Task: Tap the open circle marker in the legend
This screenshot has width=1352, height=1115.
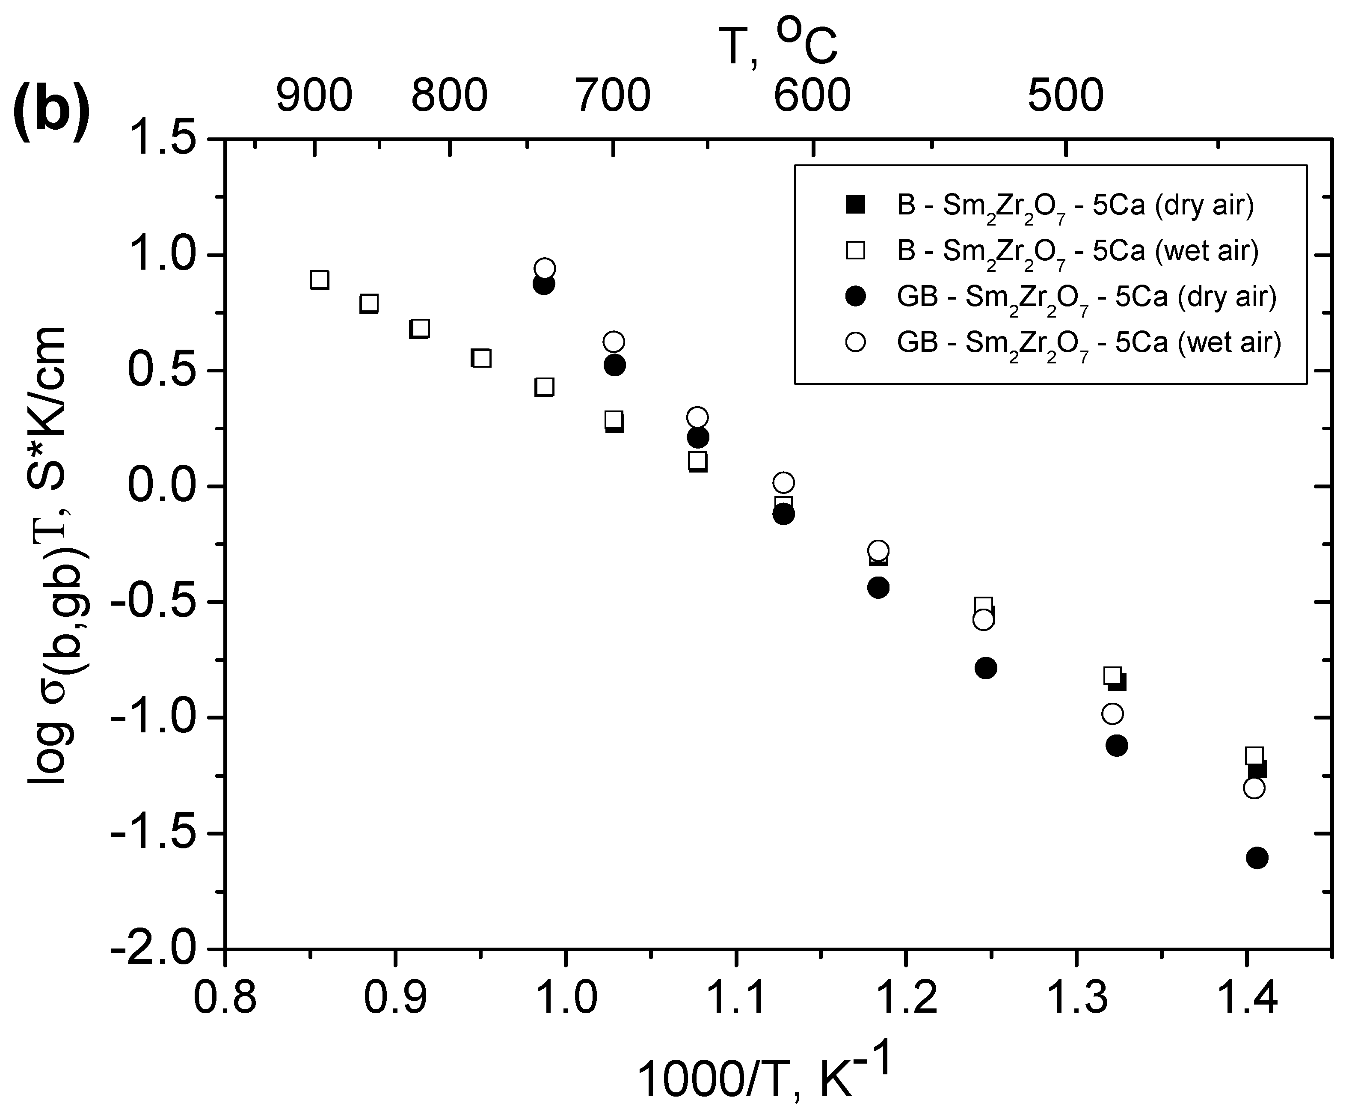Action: point(856,342)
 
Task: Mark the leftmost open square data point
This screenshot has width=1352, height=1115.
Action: point(320,280)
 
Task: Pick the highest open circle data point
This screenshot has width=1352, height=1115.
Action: point(544,268)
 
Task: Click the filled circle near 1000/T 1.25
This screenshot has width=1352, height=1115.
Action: point(985,668)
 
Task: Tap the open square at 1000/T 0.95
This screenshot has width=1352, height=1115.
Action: point(481,358)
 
